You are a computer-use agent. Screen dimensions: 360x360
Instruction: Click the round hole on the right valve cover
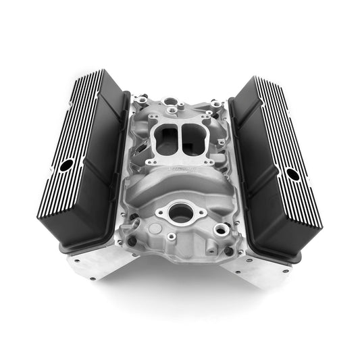[x=292, y=174]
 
